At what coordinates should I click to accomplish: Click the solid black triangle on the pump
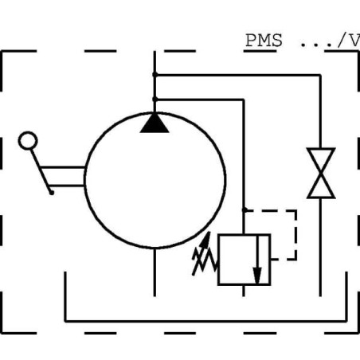(155, 122)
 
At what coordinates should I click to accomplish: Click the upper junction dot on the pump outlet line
(155, 75)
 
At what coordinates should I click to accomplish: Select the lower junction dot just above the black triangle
(155, 99)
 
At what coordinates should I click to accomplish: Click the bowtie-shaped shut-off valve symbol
(321, 173)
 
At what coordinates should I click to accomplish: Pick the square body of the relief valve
(243, 259)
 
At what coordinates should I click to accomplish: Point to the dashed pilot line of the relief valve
(295, 234)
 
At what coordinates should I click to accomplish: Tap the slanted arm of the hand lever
(41, 170)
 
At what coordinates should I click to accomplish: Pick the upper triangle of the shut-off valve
(321, 160)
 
